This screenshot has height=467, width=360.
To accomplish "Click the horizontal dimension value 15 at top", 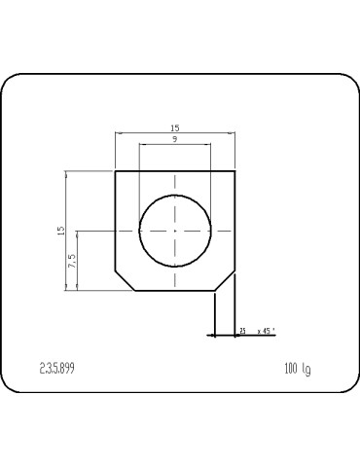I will [174, 128].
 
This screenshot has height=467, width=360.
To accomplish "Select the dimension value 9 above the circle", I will [174, 140].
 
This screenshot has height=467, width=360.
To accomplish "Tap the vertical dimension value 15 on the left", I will [60, 231].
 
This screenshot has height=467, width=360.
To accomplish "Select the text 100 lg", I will [297, 369].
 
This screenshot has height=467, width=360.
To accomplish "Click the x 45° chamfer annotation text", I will [266, 332].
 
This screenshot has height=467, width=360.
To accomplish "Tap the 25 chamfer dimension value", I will [242, 332].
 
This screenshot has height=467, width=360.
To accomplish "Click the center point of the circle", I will [175, 231].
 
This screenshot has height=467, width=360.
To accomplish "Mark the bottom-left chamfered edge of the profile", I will [125, 280].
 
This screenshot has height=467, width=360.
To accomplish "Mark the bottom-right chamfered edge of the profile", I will [226, 280].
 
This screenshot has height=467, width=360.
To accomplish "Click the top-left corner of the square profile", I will [115, 171].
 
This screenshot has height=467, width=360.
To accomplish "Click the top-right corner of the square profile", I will [235, 171].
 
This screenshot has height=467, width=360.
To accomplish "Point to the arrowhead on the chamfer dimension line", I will [212, 335].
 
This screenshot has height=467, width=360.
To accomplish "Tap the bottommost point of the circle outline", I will [175, 267].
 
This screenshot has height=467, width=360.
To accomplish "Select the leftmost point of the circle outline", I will [139, 231].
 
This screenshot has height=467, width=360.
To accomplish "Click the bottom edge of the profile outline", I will [175, 290].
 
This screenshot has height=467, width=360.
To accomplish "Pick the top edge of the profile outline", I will [175, 171].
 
